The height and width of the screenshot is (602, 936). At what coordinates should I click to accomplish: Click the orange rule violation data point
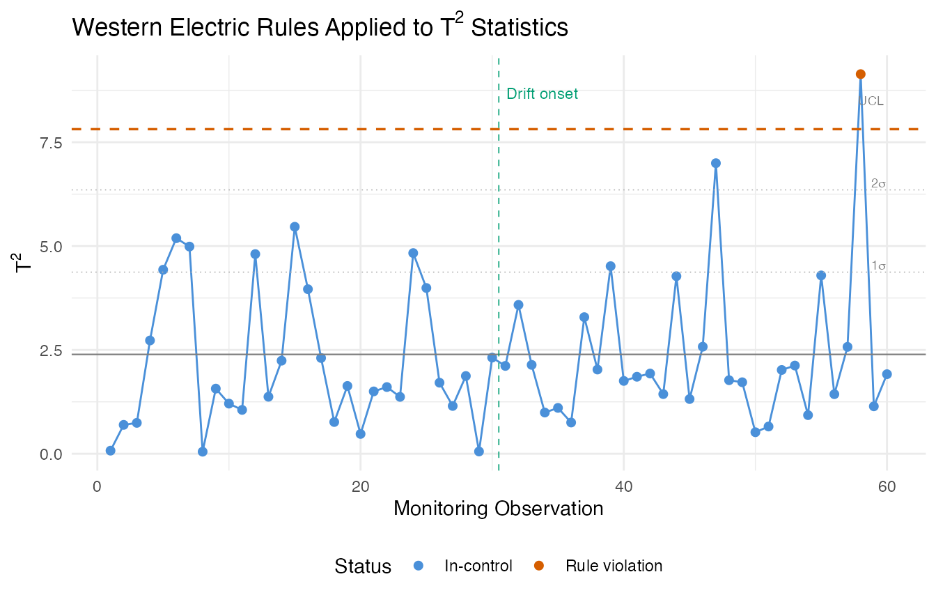pos(861,74)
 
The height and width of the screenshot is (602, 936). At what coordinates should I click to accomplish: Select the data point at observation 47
pos(716,163)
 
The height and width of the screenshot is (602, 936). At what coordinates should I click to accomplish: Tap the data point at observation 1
pos(110,451)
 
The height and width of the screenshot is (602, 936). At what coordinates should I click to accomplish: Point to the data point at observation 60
pos(887,374)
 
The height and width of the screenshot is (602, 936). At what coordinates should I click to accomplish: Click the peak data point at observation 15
pos(295,226)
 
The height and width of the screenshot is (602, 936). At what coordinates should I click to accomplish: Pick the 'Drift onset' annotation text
pos(542,94)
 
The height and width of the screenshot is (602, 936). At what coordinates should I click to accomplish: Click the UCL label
pos(871,101)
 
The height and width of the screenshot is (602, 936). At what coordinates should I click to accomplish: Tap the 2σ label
pos(878,184)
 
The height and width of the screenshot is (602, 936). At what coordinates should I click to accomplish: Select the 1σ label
pos(878,266)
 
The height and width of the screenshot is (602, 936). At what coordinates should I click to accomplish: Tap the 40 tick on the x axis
pos(624,485)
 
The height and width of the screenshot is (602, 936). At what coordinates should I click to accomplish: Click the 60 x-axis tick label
pos(887,485)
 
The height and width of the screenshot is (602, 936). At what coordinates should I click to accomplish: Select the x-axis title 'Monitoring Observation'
pos(498,509)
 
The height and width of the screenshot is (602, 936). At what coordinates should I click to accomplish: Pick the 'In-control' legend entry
pos(478,566)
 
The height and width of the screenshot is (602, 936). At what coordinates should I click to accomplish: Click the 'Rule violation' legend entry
pos(614,566)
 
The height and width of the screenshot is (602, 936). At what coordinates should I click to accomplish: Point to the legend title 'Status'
pos(363,566)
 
